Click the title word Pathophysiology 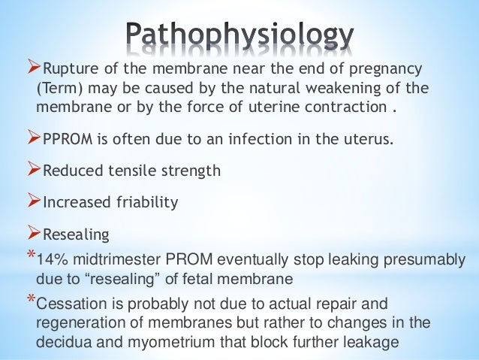[x=239, y=34]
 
